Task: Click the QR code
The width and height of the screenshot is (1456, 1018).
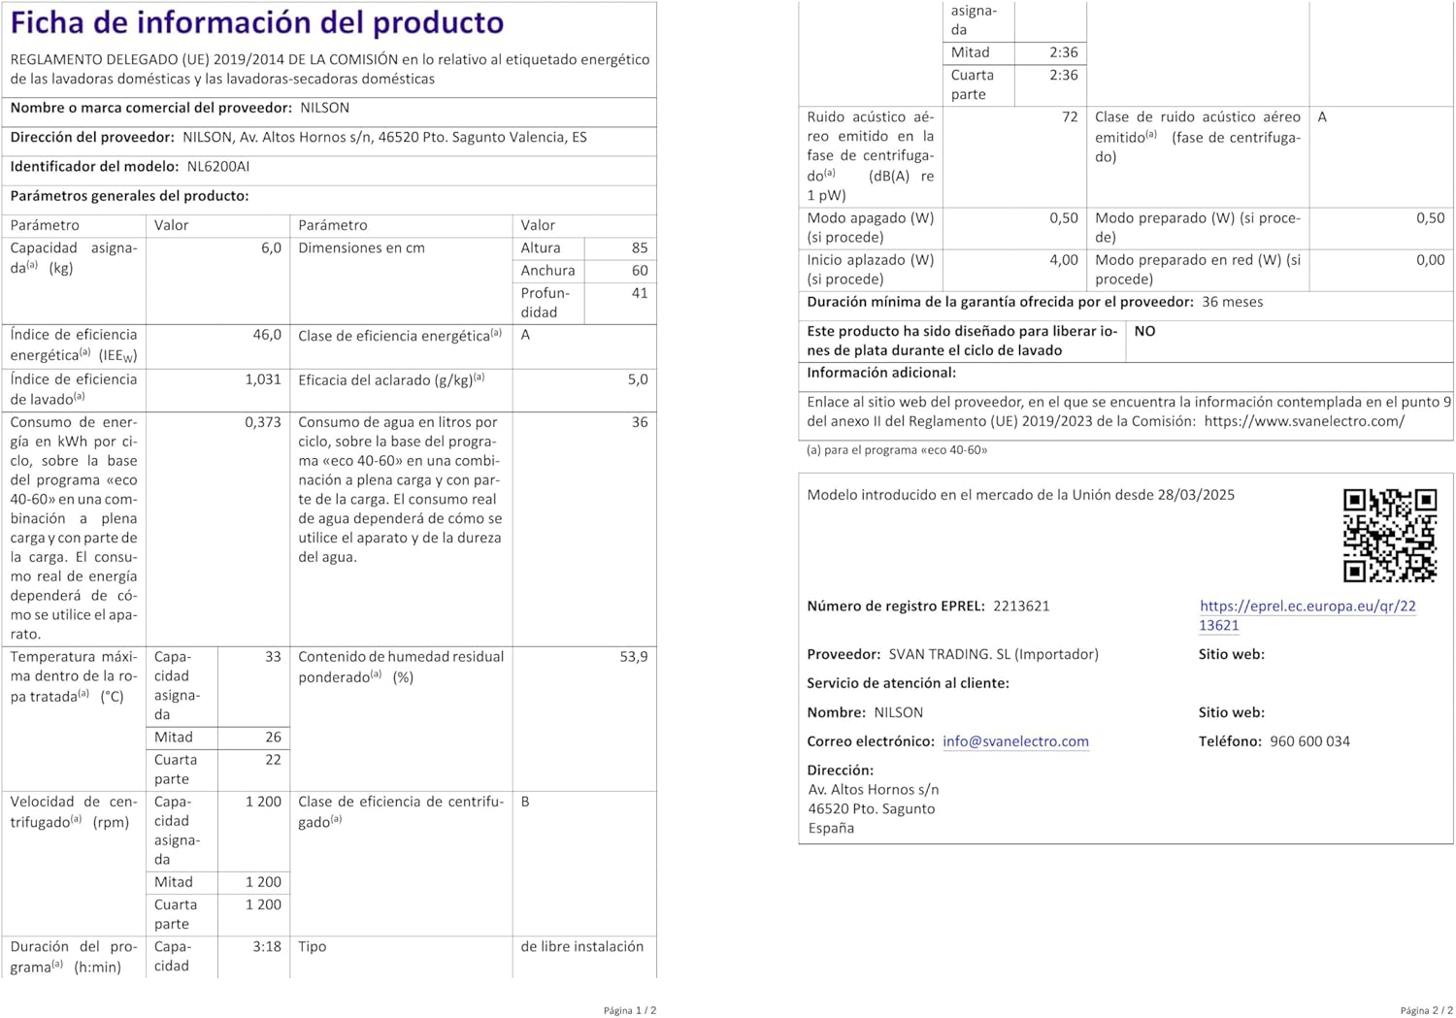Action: tap(1389, 535)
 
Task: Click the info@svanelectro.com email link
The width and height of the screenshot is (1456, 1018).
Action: tap(1015, 741)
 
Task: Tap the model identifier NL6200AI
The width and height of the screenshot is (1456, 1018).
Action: tap(218, 167)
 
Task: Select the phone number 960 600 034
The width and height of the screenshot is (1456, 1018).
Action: tap(1309, 741)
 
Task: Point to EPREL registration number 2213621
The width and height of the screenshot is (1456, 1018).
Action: tap(1021, 607)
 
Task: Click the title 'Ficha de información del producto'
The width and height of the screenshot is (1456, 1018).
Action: tap(257, 22)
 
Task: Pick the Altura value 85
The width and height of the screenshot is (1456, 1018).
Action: tap(639, 248)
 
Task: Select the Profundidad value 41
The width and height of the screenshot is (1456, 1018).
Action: tap(639, 293)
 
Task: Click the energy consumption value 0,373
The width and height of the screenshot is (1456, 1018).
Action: tap(263, 422)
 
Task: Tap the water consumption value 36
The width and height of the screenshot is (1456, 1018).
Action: tap(639, 422)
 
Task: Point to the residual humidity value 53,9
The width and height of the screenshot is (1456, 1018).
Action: tap(633, 657)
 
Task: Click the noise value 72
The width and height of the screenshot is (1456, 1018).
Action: tap(1069, 117)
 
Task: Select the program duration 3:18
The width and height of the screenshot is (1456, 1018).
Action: tap(267, 946)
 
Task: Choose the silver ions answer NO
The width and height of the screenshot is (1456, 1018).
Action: tap(1144, 332)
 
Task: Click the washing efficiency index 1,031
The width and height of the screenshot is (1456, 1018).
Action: tap(263, 379)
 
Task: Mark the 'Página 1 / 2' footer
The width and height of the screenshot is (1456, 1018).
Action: tap(629, 1010)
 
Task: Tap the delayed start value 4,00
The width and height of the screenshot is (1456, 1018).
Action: tap(1063, 260)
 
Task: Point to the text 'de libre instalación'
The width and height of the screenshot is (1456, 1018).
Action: tap(581, 946)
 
